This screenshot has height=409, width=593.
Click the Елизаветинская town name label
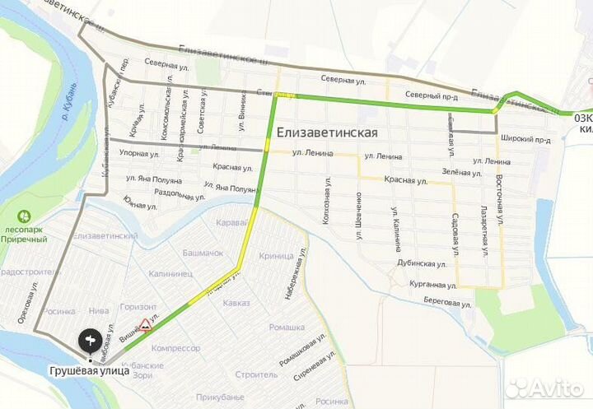point(327,132)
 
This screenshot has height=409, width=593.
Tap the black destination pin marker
point(90,339)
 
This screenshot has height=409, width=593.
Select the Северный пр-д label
point(434,96)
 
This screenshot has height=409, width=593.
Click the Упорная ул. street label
point(139,153)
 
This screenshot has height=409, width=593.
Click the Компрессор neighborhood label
point(178,348)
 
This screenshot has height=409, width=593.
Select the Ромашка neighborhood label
point(264,327)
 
